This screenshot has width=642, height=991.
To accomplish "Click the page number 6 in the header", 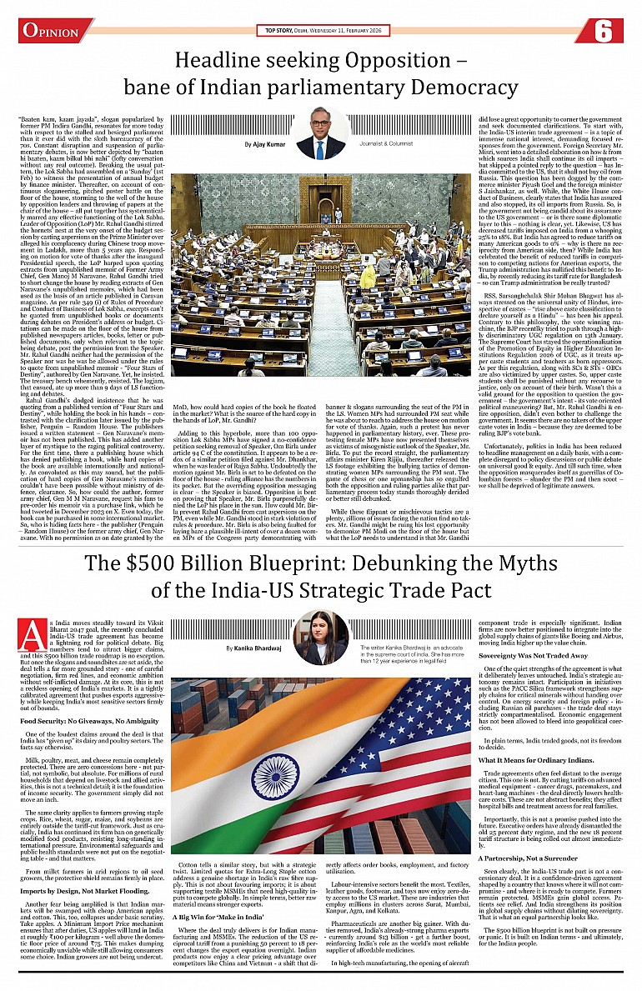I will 605,31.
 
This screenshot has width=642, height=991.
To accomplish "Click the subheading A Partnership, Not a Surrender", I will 539,857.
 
